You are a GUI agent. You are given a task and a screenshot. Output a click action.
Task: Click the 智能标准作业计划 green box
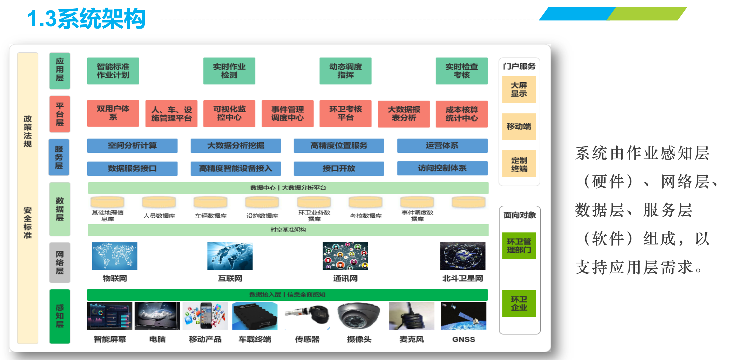pyautogui.click(x=113, y=71)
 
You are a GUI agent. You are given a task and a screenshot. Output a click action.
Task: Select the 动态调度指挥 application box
pyautogui.click(x=345, y=71)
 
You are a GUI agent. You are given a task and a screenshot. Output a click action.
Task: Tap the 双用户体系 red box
pyautogui.click(x=113, y=113)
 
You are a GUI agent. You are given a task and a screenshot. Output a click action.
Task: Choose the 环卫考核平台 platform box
pyautogui.click(x=345, y=113)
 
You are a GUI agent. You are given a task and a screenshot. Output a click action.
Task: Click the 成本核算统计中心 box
pyautogui.click(x=461, y=114)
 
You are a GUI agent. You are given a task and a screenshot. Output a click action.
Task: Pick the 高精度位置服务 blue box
pyautogui.click(x=339, y=146)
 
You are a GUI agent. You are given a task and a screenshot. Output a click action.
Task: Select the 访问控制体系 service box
pyautogui.click(x=442, y=168)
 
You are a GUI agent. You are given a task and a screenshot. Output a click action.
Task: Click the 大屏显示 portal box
pyautogui.click(x=519, y=90)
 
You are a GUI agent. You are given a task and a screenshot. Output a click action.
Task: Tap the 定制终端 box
pyautogui.click(x=519, y=164)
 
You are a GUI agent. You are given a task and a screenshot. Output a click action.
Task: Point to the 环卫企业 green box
pyautogui.click(x=519, y=303)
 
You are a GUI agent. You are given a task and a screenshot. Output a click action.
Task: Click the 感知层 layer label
pyautogui.click(x=60, y=316)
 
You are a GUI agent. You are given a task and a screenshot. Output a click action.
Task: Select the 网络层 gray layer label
pyautogui.click(x=60, y=263)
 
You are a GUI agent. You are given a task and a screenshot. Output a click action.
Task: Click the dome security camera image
pyautogui.click(x=359, y=316)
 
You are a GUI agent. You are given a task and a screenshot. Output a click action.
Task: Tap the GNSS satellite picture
pyautogui.click(x=464, y=316)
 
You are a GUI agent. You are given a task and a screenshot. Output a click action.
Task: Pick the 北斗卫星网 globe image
pyautogui.click(x=463, y=256)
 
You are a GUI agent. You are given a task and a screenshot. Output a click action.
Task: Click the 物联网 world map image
pyautogui.click(x=115, y=256)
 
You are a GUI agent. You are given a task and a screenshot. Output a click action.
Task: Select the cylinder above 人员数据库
pyautogui.click(x=159, y=202)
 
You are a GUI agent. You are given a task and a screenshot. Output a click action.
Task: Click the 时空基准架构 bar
pyautogui.click(x=288, y=230)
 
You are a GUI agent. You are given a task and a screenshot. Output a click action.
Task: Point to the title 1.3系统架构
pyautogui.click(x=86, y=19)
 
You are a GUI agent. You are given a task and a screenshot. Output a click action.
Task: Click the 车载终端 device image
pyautogui.click(x=255, y=316)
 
